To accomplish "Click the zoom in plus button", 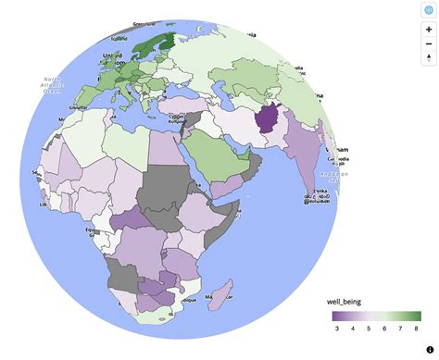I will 428,30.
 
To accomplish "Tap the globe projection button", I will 428,8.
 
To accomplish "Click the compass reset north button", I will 428,58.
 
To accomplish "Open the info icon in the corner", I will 431,349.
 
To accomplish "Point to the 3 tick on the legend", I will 335,329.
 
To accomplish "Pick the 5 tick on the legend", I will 368,329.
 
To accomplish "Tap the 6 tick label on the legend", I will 383,329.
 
